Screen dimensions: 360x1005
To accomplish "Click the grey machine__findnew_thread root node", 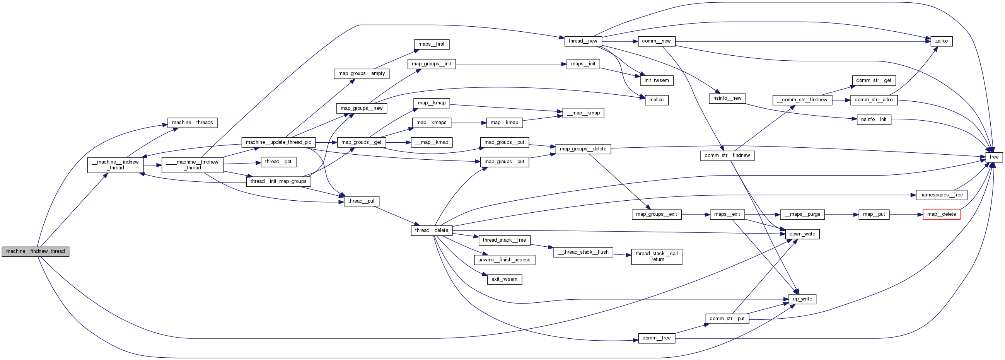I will pyautogui.click(x=36, y=252).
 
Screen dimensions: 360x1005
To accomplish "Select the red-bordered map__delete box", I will pyautogui.click(x=941, y=215).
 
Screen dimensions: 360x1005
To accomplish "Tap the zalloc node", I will pyautogui.click(x=941, y=41).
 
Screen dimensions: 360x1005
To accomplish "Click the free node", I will pyautogui.click(x=994, y=157).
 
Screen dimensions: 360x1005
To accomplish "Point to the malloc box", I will pyautogui.click(x=656, y=100).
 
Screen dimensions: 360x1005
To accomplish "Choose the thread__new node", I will pyautogui.click(x=582, y=41).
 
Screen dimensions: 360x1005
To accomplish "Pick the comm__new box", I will pyautogui.click(x=656, y=41).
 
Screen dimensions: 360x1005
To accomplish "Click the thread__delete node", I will pyautogui.click(x=432, y=230).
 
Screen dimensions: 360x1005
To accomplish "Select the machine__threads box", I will pyautogui.click(x=192, y=123).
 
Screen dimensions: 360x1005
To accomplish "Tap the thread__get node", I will pyautogui.click(x=278, y=162).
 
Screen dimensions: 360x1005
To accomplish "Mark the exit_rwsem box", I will pyautogui.click(x=504, y=279).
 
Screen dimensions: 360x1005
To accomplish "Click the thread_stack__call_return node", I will pyautogui.click(x=657, y=257).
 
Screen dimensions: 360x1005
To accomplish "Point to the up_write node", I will pyautogui.click(x=802, y=299).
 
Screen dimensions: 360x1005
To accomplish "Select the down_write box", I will pyautogui.click(x=802, y=234).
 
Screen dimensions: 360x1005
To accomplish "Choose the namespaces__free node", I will pyautogui.click(x=941, y=195).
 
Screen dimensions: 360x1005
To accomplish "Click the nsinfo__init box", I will pyautogui.click(x=874, y=119).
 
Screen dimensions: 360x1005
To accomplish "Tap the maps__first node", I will pyautogui.click(x=431, y=44).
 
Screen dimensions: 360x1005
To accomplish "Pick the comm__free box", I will pyautogui.click(x=656, y=338).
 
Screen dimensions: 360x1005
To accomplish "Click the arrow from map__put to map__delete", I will pyautogui.click(x=906, y=215).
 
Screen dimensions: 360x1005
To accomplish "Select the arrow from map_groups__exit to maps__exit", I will pyautogui.click(x=696, y=215).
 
